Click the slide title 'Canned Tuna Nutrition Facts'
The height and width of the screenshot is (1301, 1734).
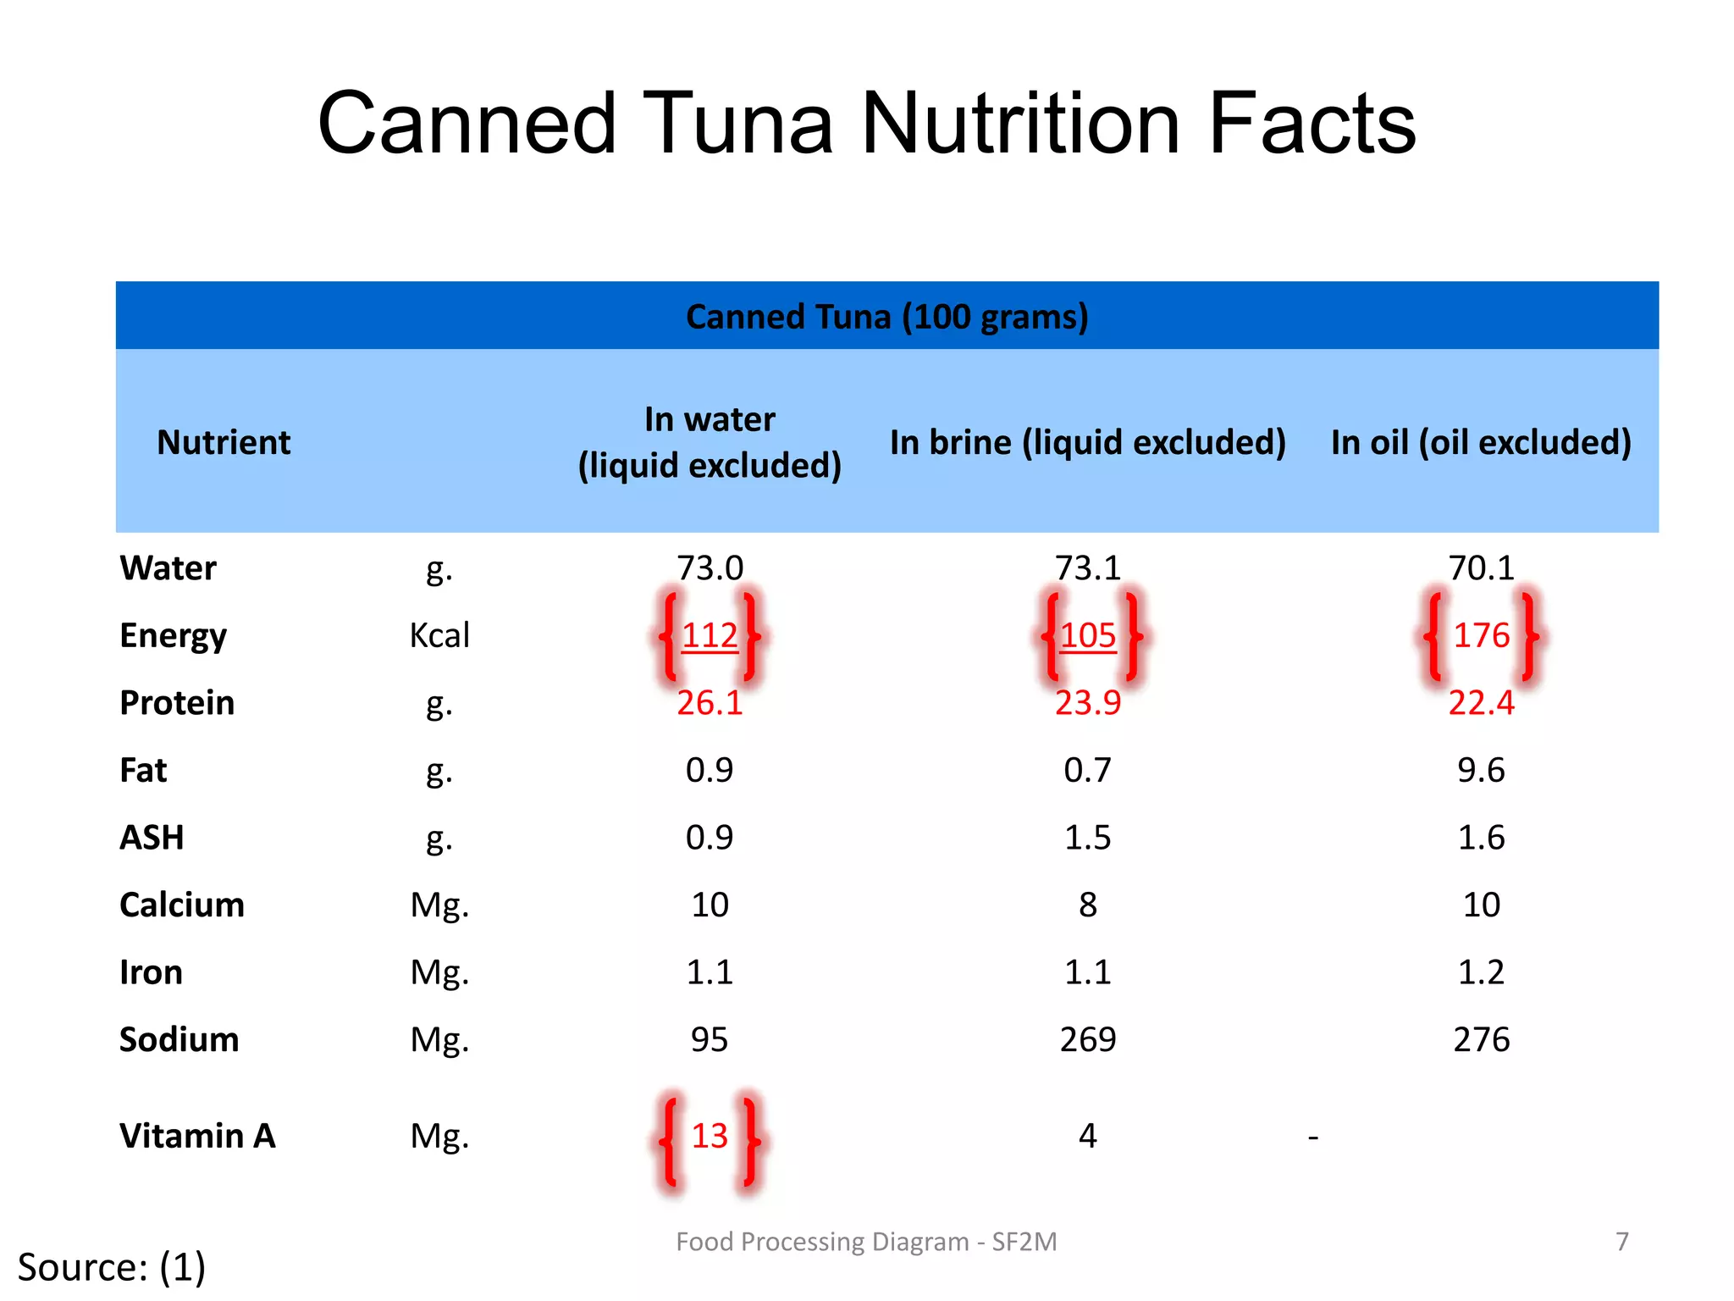(866, 124)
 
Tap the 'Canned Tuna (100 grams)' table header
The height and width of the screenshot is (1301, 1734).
(886, 317)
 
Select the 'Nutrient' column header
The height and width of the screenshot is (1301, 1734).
(224, 442)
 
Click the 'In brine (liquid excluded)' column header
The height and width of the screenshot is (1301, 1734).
(1087, 442)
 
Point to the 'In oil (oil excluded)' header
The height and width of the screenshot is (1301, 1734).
(1481, 442)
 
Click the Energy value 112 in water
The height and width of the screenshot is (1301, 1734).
(710, 635)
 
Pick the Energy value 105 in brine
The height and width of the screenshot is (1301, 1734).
(1088, 635)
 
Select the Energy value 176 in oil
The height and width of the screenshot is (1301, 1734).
(1481, 635)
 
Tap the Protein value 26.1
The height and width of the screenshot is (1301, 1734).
(710, 703)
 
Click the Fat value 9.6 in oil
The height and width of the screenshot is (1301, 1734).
(1481, 770)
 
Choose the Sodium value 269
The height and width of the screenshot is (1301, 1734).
(1088, 1039)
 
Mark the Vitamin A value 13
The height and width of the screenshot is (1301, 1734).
(710, 1136)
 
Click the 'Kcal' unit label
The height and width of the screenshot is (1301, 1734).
(439, 635)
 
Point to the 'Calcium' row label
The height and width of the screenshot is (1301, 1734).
(182, 905)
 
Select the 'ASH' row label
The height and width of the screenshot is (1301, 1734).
(152, 838)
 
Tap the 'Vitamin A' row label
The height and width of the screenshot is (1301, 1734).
(197, 1136)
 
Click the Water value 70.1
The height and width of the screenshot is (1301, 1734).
(1481, 567)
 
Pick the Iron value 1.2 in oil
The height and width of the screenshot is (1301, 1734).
(1481, 972)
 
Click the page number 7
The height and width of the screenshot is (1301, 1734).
(1621, 1241)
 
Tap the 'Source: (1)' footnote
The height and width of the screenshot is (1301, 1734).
(112, 1267)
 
